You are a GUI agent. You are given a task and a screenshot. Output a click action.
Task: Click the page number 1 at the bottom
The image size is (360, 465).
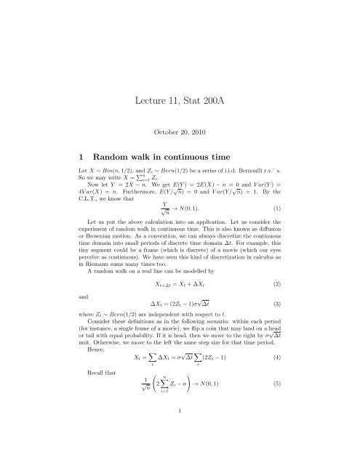(180, 448)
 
